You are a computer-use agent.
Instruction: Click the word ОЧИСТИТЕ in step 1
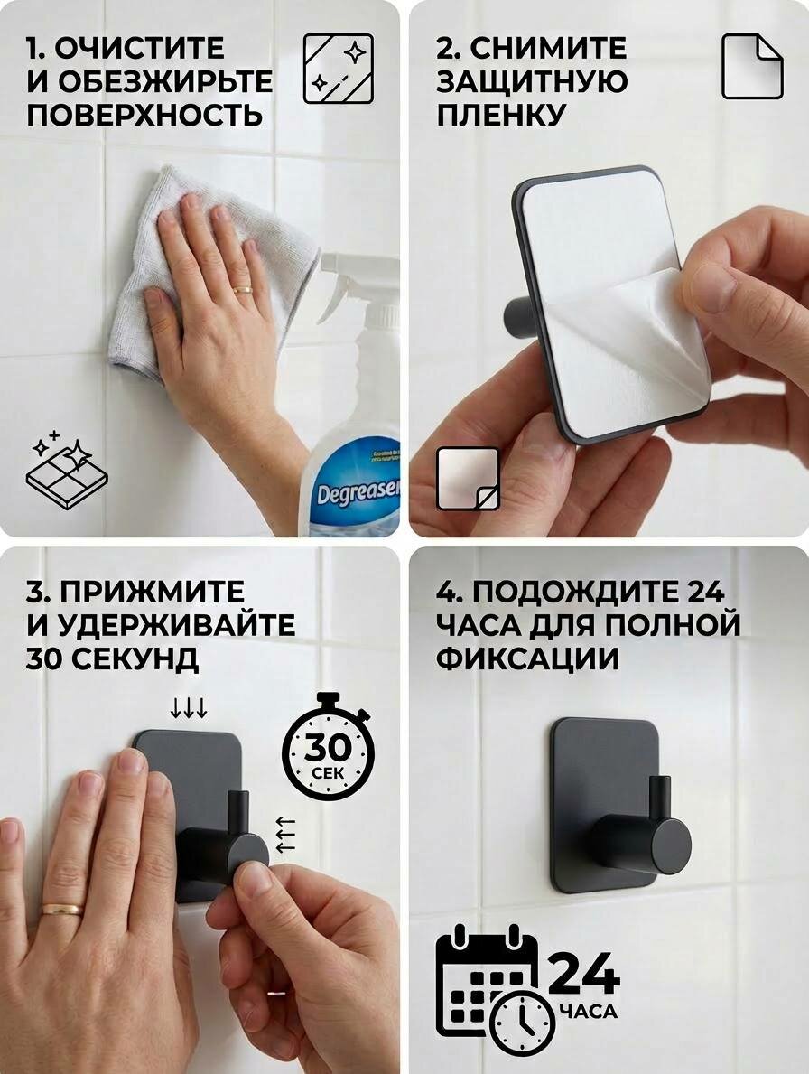tap(138, 48)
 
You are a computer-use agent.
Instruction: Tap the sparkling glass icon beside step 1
tap(339, 69)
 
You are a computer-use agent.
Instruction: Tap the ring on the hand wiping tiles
tap(243, 290)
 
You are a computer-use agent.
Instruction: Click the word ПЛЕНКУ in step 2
tap(501, 115)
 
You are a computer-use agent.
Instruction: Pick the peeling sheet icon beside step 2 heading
tap(752, 67)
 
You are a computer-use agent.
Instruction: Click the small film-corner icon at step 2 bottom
tap(468, 479)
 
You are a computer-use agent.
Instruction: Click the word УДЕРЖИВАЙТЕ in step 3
tap(177, 625)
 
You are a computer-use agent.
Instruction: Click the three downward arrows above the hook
tap(189, 708)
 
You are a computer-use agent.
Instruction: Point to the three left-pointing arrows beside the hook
tap(284, 835)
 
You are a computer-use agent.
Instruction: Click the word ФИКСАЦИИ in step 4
tap(527, 658)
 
